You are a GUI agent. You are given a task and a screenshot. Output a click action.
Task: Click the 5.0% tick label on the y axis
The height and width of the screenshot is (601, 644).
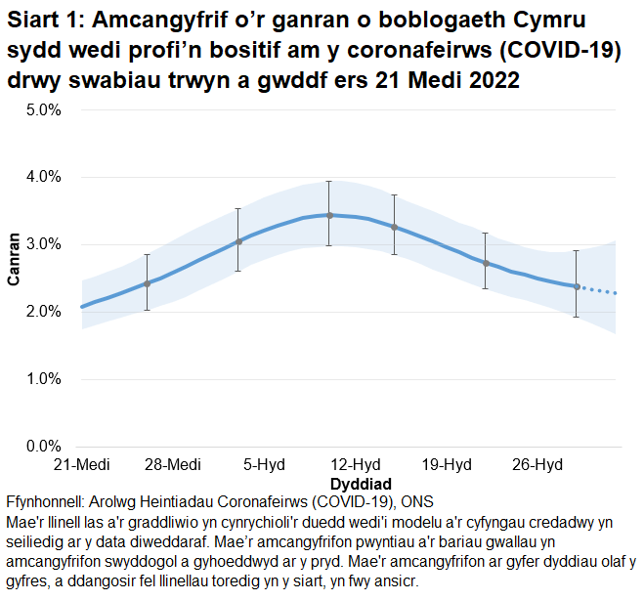(43, 109)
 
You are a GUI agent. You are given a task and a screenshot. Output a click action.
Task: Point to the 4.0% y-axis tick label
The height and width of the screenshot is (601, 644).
(43, 177)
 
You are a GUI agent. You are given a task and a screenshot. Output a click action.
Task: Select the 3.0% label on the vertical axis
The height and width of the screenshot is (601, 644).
(43, 244)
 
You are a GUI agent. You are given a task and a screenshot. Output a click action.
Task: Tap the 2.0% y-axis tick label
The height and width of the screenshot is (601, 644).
(43, 312)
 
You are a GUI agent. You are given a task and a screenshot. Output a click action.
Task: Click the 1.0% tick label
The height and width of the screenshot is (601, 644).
(43, 379)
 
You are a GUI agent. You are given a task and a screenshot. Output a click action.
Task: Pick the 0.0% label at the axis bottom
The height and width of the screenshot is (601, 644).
(43, 447)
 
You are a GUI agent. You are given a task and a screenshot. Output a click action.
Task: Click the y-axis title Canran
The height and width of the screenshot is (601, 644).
(14, 259)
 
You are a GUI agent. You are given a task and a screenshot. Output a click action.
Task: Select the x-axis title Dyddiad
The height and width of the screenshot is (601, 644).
(361, 484)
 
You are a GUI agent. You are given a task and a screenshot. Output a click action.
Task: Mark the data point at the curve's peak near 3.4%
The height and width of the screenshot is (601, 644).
(329, 215)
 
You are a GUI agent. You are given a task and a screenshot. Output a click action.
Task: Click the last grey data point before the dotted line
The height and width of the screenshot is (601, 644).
(577, 287)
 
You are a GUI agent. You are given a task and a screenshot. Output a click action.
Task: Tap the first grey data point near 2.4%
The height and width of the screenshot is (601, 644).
(147, 283)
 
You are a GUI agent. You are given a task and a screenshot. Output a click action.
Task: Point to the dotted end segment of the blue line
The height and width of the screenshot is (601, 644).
(599, 290)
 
